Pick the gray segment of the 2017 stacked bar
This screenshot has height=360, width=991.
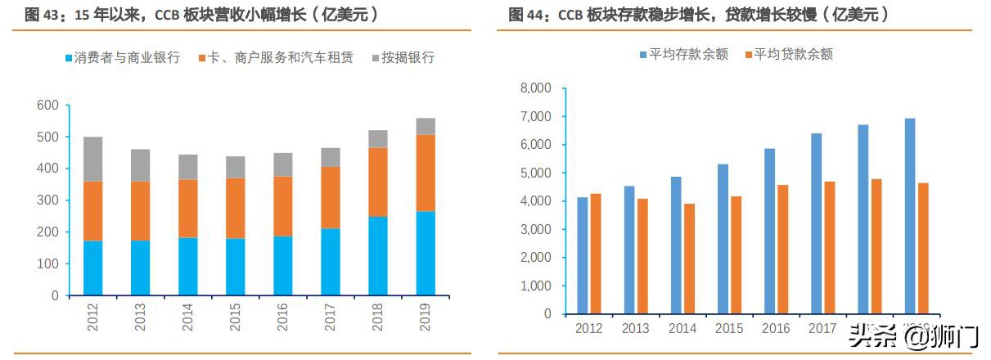331,157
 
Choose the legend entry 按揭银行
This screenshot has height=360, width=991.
403,58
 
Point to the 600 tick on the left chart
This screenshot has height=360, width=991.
47,105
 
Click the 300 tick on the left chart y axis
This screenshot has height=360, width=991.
47,200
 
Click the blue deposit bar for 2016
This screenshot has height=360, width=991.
769,232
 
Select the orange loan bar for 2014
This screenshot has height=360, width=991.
689,259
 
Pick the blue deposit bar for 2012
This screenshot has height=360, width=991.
582,255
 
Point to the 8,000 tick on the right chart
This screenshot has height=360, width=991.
536,88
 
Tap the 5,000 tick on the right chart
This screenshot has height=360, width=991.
536,173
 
